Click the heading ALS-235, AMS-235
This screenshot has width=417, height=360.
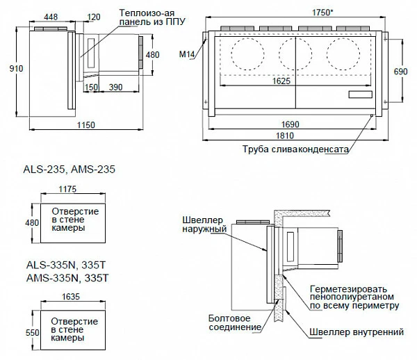(69, 169)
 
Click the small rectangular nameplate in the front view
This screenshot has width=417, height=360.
(361, 95)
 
